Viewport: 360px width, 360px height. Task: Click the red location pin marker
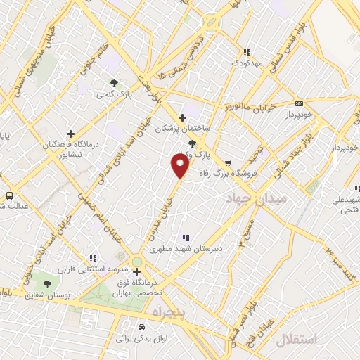click(x=180, y=166)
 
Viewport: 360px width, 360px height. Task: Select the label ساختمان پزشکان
click(x=183, y=129)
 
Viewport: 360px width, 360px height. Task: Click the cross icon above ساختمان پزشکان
click(x=183, y=117)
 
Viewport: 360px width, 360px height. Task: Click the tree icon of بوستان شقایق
click(x=47, y=284)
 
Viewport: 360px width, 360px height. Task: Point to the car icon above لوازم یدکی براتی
click(x=142, y=328)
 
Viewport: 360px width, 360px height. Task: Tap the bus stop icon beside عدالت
click(x=10, y=195)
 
